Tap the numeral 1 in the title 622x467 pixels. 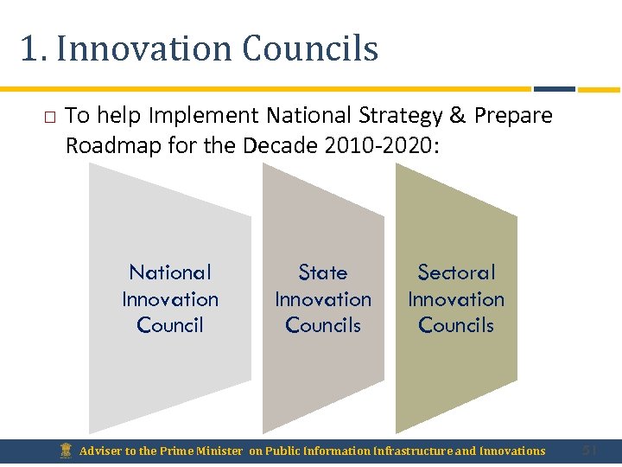tap(29, 49)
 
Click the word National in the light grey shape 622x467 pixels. tap(170, 272)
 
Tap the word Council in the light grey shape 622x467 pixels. tap(170, 325)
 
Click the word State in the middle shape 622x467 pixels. tap(323, 272)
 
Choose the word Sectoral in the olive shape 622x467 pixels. tap(456, 272)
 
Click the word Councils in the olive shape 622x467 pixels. tap(456, 325)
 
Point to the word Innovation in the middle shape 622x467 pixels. tap(323, 299)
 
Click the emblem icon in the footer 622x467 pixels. tap(67, 451)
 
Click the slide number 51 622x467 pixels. tap(590, 450)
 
